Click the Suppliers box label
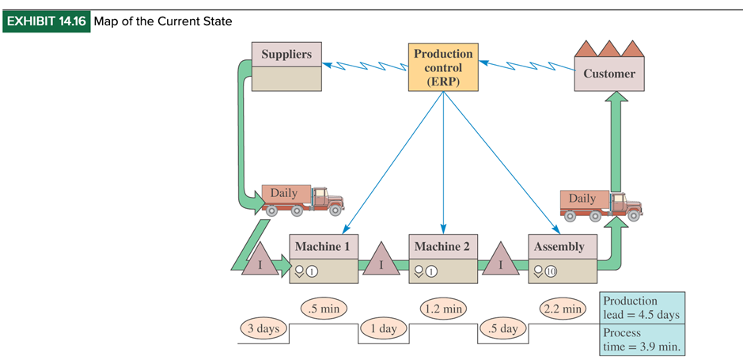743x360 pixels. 286,55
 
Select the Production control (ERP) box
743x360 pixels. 443,67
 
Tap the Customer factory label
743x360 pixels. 608,74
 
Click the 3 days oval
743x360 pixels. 263,328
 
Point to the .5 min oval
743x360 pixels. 323,308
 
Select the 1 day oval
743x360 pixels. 383,328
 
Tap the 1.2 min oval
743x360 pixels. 442,308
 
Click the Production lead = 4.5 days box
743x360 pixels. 642,308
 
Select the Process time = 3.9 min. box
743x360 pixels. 642,339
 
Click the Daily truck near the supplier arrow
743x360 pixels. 302,200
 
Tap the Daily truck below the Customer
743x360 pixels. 600,204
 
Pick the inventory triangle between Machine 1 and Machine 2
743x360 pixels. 382,260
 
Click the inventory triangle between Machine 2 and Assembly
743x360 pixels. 500,260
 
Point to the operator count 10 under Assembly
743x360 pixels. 551,271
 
